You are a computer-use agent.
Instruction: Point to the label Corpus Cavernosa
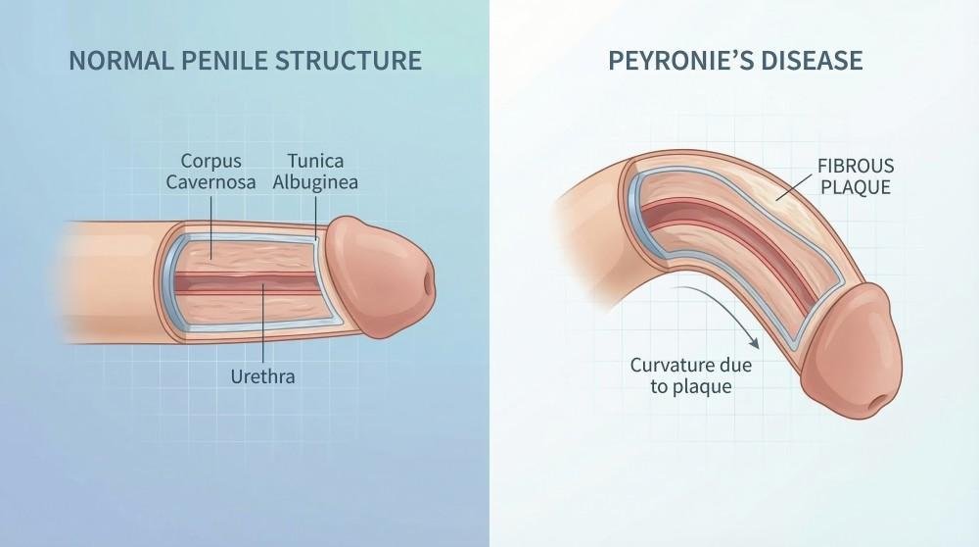[211, 172]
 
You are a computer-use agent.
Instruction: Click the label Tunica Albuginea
[315, 172]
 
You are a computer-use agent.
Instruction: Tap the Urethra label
[262, 377]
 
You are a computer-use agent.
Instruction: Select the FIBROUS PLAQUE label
[856, 176]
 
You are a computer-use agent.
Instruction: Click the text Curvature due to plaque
[691, 375]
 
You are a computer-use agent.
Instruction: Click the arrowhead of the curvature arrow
[754, 342]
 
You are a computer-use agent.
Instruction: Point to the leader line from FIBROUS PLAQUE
[794, 185]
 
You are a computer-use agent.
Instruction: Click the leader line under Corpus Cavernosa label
[210, 226]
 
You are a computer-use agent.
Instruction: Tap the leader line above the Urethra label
[262, 324]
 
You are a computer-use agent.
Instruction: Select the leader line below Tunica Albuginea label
[316, 217]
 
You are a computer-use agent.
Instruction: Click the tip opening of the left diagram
[429, 284]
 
